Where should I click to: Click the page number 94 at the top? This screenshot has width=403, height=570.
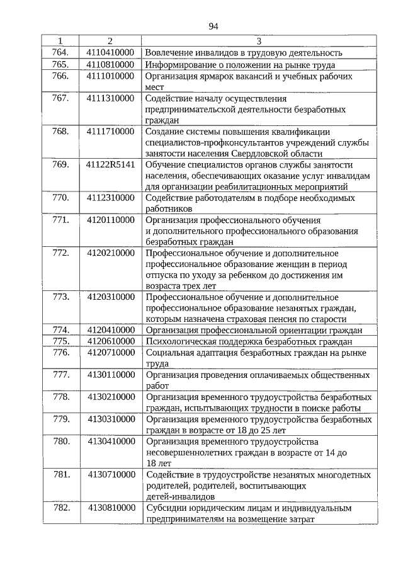click(212, 26)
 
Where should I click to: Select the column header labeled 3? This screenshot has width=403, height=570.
click(259, 41)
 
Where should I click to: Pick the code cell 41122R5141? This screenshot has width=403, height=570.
click(110, 164)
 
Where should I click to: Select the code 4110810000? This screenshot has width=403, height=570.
click(110, 64)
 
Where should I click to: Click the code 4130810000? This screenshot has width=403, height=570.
click(111, 508)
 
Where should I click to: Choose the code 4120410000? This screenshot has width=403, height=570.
click(111, 329)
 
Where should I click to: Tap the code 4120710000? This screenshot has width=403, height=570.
click(111, 353)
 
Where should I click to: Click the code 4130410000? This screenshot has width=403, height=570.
click(111, 442)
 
